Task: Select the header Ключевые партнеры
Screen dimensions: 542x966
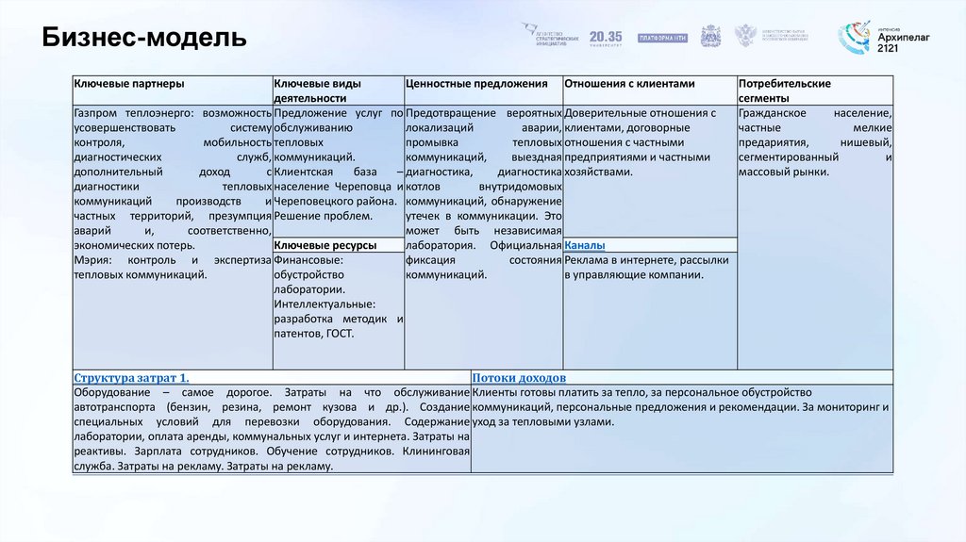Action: pos(122,84)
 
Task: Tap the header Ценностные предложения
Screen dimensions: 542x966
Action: pos(476,84)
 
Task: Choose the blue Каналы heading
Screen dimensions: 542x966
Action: pos(585,245)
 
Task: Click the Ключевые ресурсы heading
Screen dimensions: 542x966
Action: pos(325,245)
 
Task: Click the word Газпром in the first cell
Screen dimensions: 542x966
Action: pos(97,113)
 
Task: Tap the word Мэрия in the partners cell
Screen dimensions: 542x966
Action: pos(93,260)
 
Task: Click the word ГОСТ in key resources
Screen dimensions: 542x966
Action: pos(342,334)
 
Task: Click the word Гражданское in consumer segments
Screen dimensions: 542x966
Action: pos(773,113)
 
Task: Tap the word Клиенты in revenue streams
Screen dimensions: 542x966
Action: pos(496,392)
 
